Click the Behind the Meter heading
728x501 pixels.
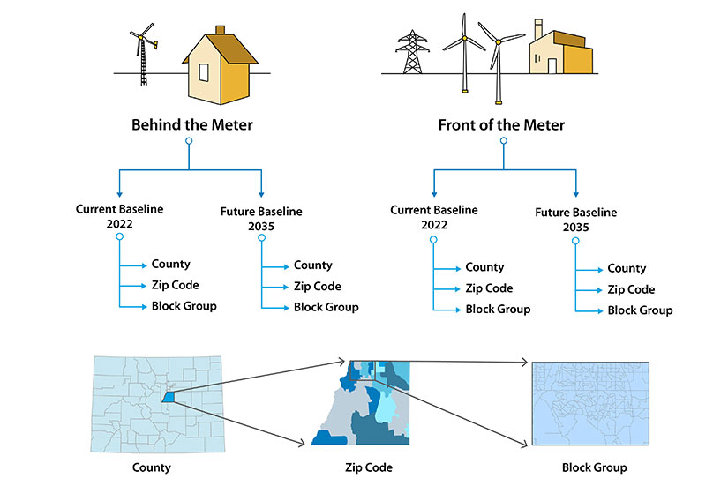[x=191, y=124]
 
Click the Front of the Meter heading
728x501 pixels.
[x=501, y=124]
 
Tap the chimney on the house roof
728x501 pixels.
[x=221, y=31]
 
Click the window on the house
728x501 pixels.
[x=203, y=72]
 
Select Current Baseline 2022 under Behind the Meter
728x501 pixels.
[x=119, y=216]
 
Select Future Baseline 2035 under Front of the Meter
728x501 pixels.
[x=576, y=219]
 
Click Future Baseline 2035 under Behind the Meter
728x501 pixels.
[x=261, y=218]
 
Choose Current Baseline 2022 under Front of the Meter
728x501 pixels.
[x=434, y=217]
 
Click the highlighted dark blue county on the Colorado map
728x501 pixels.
[x=168, y=398]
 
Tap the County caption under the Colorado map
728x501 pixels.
[x=151, y=467]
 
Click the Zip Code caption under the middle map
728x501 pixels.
[x=369, y=467]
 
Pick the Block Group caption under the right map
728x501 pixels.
[x=594, y=467]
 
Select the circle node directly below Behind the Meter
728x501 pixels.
[x=189, y=141]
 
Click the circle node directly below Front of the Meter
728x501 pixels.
[x=503, y=141]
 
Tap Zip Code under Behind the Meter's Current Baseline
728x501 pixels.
[x=175, y=285]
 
